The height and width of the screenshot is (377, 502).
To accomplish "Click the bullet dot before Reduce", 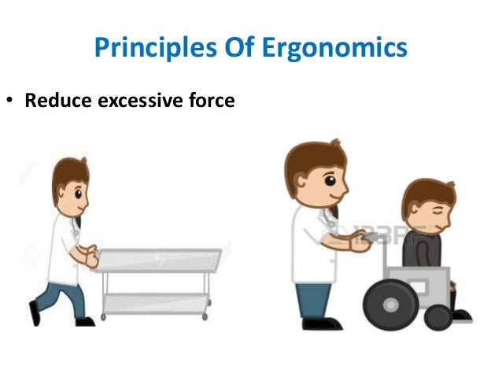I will click(12, 102).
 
